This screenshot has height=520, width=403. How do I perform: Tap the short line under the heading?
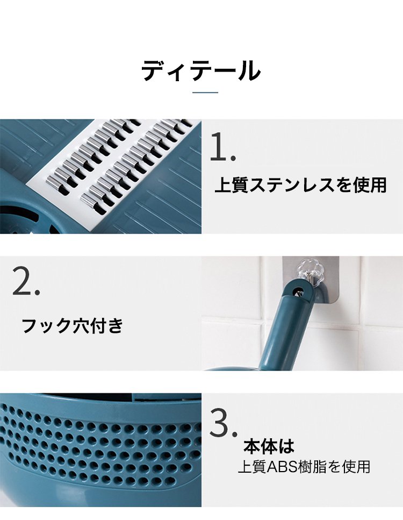click(205, 92)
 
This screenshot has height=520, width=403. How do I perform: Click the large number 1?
click(222, 147)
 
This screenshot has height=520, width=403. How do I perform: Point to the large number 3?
click(224, 423)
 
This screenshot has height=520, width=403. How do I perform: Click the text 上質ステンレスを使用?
click(300, 185)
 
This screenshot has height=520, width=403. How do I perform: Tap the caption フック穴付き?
click(72, 325)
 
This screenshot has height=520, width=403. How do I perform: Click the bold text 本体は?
click(269, 446)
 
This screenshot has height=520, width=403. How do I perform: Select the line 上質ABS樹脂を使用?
click(304, 467)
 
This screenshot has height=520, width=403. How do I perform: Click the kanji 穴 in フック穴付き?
click(81, 325)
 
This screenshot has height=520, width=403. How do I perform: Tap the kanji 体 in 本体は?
click(269, 446)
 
